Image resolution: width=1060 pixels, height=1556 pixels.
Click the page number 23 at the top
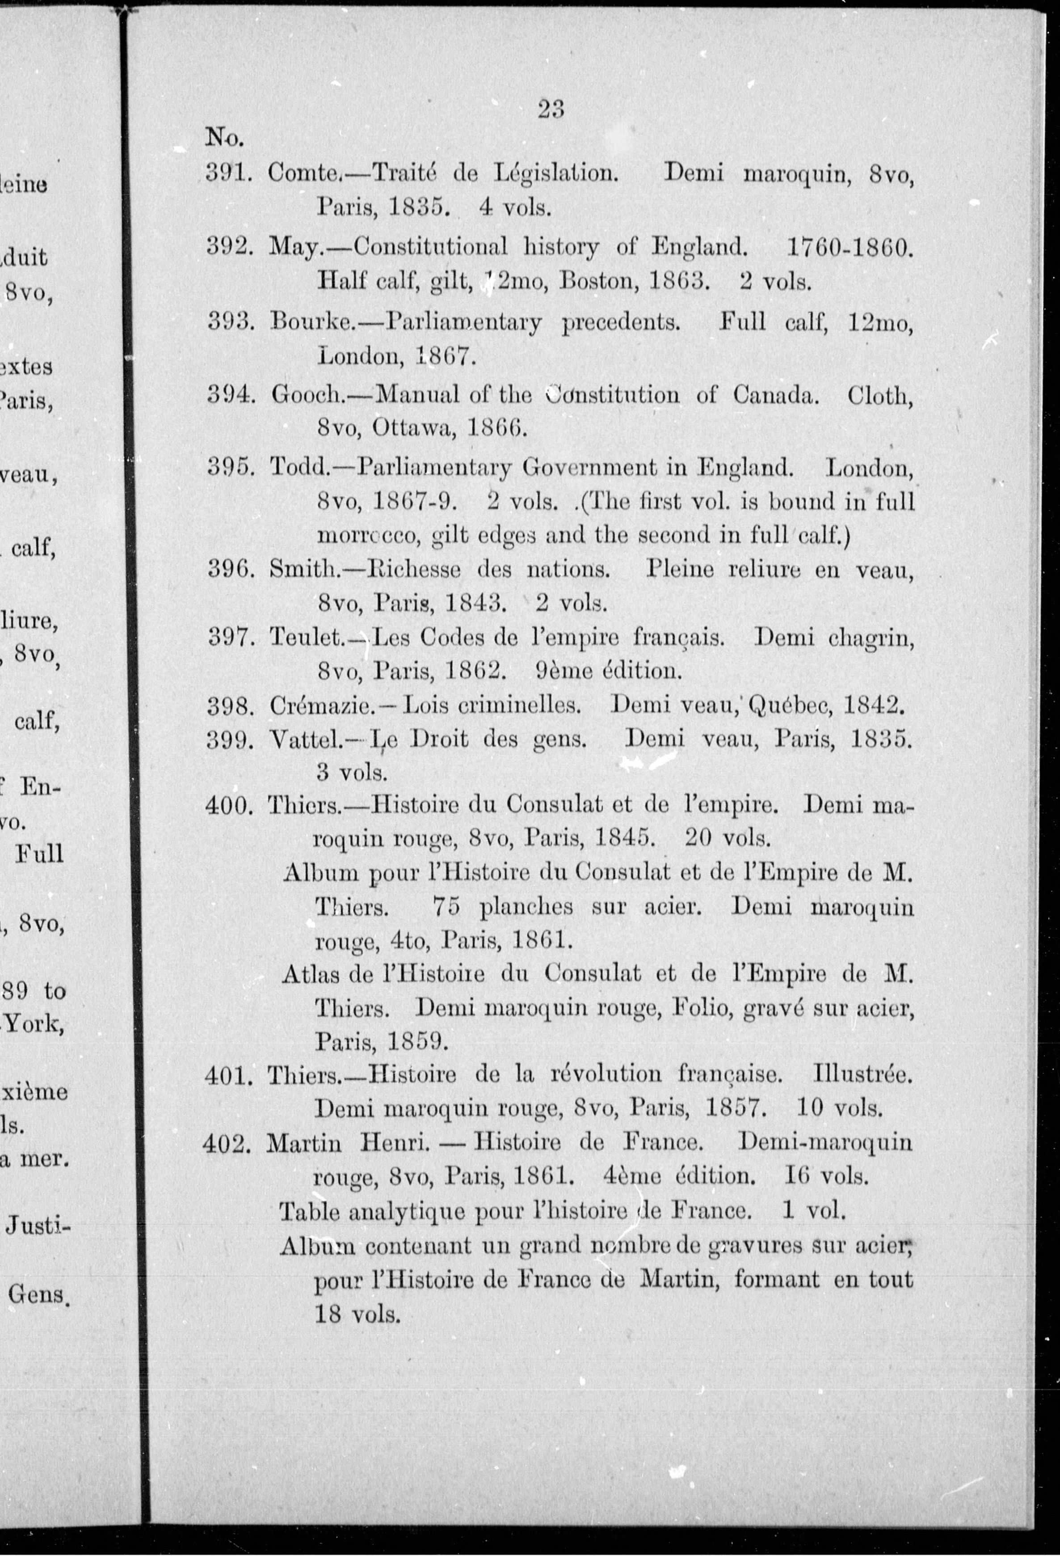[x=551, y=109]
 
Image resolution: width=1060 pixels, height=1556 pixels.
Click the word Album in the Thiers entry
[x=319, y=873]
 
